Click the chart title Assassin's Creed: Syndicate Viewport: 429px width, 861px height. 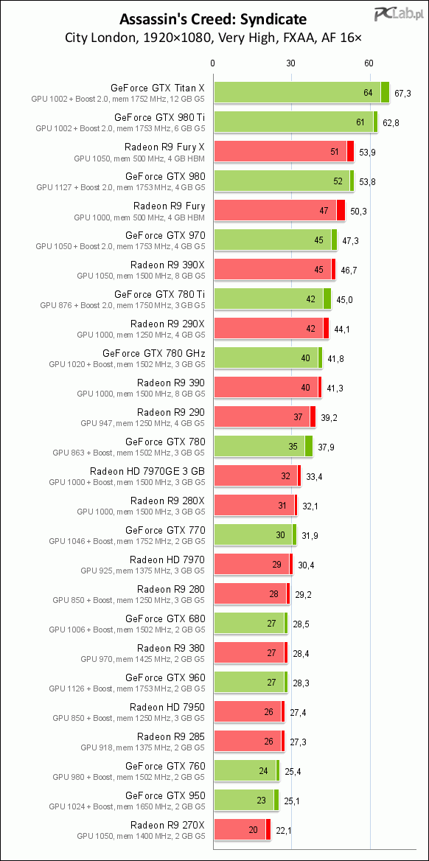pos(214,20)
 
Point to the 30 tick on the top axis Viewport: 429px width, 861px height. pos(291,63)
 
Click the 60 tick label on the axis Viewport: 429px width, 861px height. pos(369,63)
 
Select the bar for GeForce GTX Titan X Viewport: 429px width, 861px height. pos(301,92)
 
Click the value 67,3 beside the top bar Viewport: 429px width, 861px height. pos(402,93)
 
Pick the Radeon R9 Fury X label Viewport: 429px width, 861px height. pos(165,147)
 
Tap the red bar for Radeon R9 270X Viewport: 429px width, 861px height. pos(243,829)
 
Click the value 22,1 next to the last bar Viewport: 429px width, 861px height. pos(285,830)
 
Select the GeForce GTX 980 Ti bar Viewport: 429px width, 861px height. pos(296,122)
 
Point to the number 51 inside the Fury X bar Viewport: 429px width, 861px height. pos(335,152)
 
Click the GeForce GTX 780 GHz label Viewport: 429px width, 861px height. pos(154,353)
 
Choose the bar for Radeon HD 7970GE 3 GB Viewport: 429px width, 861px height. pos(257,475)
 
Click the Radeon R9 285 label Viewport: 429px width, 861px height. pos(171,736)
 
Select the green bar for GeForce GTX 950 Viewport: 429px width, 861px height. pos(247,800)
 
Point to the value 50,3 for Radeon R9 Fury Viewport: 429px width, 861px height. pos(359,212)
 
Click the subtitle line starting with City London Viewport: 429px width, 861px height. pos(214,38)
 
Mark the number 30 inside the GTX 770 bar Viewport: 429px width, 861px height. pos(280,535)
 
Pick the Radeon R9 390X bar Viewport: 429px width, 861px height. pos(275,269)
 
